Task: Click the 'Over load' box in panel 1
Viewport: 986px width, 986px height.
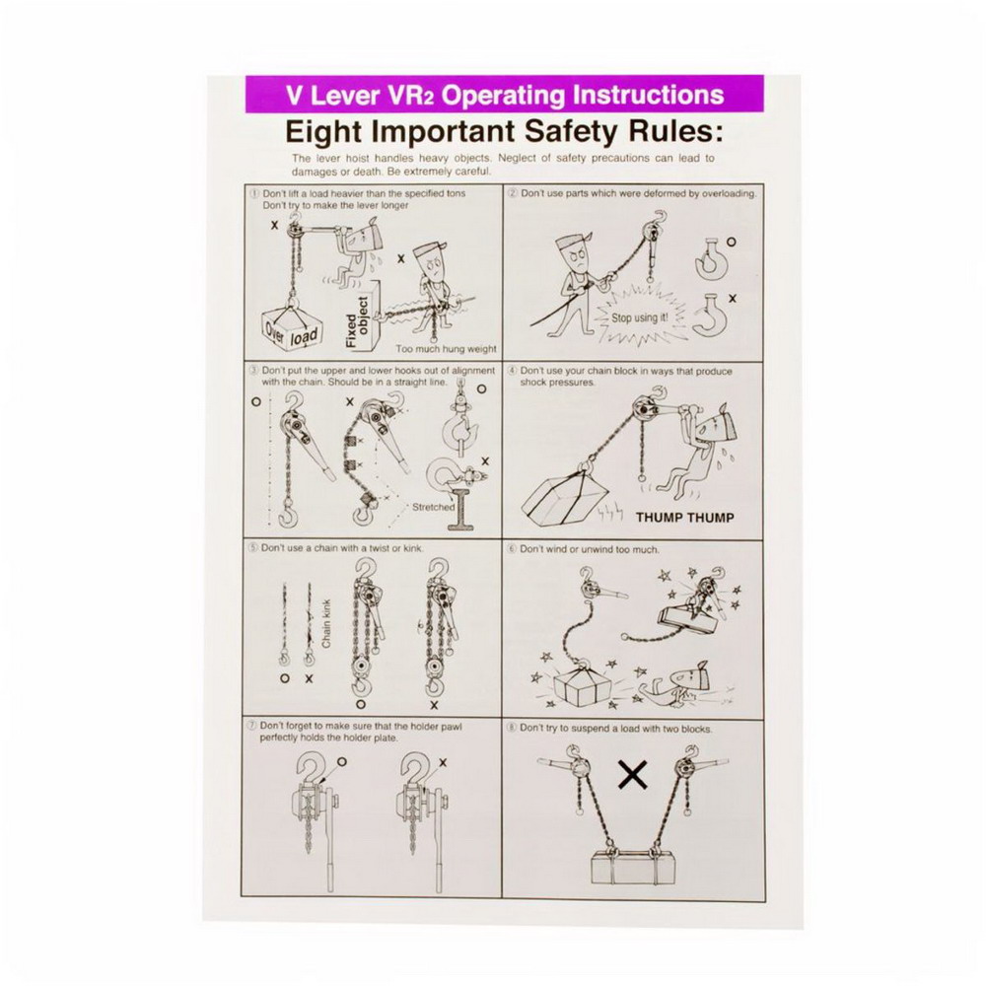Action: [x=291, y=327]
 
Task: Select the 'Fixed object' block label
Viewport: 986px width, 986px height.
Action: [x=357, y=322]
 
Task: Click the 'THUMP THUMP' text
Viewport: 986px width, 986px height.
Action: [x=685, y=518]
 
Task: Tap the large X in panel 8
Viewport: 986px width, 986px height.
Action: [x=633, y=775]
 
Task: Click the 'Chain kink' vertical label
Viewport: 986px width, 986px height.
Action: [x=325, y=623]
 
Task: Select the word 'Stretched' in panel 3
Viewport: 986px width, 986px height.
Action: [x=433, y=507]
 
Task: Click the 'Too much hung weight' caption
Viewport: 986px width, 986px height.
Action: [x=446, y=348]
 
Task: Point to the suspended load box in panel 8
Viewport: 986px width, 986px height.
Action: [x=634, y=867]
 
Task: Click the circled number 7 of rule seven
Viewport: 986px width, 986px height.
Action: [x=253, y=726]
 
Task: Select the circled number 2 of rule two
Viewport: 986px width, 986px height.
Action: [x=513, y=193]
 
